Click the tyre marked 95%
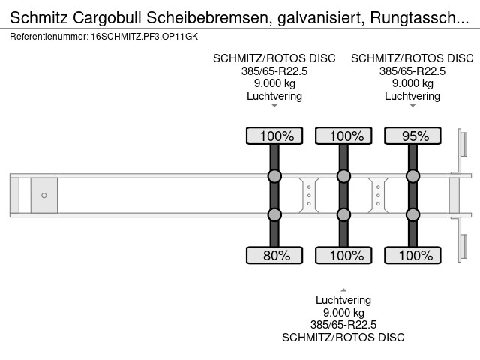(x=412, y=136)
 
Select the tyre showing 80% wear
(x=274, y=255)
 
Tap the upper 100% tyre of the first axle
(x=274, y=136)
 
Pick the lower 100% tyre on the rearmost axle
(x=412, y=255)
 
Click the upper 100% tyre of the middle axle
(x=343, y=136)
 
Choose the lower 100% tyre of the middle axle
(x=343, y=255)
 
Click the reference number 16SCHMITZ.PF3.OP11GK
(x=145, y=37)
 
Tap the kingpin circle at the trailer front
(x=44, y=195)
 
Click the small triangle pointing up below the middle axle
(x=343, y=290)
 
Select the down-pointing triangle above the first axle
(x=274, y=106)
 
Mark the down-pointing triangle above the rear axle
(x=412, y=106)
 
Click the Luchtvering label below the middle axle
(x=343, y=300)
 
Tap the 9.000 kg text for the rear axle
(x=412, y=83)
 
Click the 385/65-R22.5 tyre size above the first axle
(x=274, y=71)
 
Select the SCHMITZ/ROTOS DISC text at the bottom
(x=343, y=337)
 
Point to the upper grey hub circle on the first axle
(x=274, y=176)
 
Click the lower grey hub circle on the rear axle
(x=412, y=215)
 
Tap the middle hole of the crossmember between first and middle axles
(x=309, y=195)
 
